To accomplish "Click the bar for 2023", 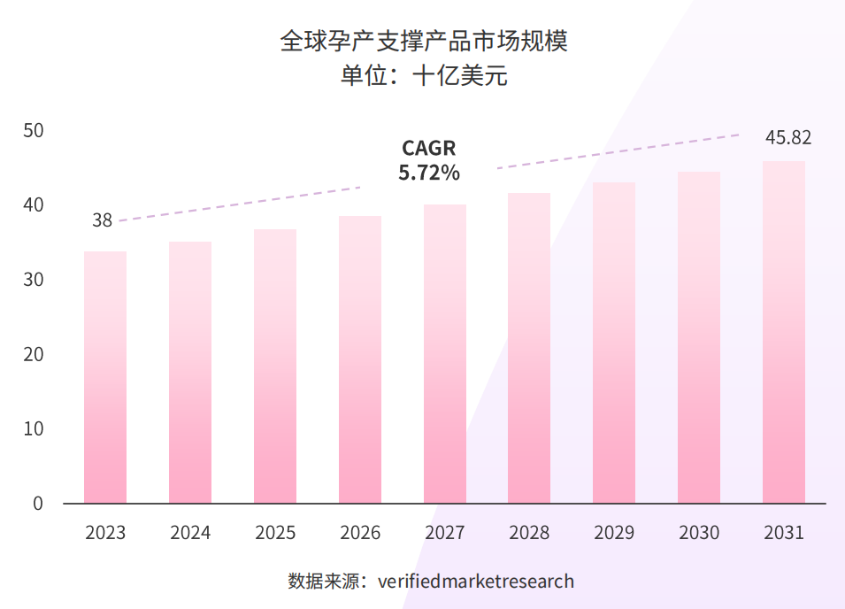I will pyautogui.click(x=105, y=377).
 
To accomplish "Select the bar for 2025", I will pyautogui.click(x=275, y=366).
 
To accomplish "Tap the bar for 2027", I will pyautogui.click(x=445, y=354).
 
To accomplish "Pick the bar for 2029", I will pyautogui.click(x=614, y=343).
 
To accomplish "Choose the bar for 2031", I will pyautogui.click(x=784, y=332).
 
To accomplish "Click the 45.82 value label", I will pyautogui.click(x=788, y=137).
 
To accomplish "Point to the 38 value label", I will pyautogui.click(x=103, y=220).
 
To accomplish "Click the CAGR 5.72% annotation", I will pyautogui.click(x=429, y=160).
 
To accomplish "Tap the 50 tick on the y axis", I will pyautogui.click(x=34, y=131).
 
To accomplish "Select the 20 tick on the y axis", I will pyautogui.click(x=34, y=354).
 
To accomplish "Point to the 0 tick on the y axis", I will pyautogui.click(x=38, y=503).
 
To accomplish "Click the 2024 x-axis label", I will pyautogui.click(x=190, y=533).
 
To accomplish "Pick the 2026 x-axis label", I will pyautogui.click(x=360, y=533).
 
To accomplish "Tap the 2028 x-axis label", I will pyautogui.click(x=529, y=533).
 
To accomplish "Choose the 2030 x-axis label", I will pyautogui.click(x=699, y=533).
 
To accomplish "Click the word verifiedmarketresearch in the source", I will pyautogui.click(x=476, y=582).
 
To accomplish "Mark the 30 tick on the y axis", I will pyautogui.click(x=34, y=280).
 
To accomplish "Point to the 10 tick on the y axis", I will pyautogui.click(x=34, y=428).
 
